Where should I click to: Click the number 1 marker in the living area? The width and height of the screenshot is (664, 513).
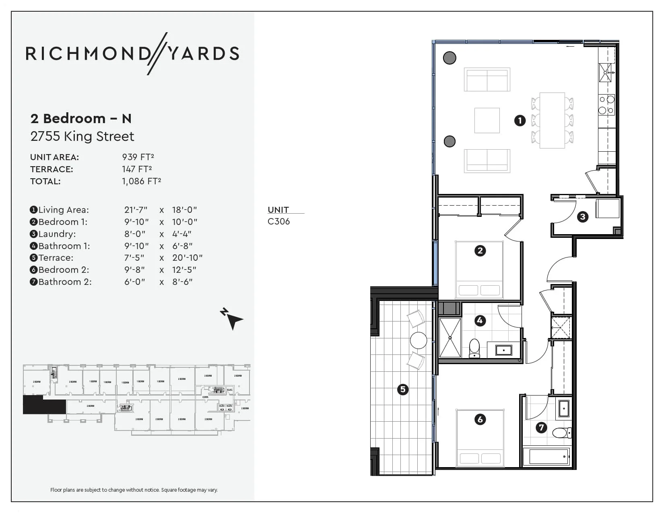tap(520, 120)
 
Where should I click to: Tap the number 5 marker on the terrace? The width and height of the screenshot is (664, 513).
tap(402, 389)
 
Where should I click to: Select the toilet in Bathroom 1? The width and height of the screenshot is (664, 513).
tap(474, 348)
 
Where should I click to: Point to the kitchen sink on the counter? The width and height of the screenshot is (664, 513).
tap(605, 73)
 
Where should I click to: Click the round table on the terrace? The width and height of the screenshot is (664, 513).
tap(419, 340)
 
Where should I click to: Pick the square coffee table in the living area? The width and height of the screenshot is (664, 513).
tap(487, 120)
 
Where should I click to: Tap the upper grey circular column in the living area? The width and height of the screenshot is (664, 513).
tap(450, 58)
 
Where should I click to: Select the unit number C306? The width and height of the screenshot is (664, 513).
tap(278, 221)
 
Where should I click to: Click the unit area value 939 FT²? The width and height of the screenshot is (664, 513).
tap(138, 157)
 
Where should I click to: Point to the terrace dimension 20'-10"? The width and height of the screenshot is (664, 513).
tap(187, 258)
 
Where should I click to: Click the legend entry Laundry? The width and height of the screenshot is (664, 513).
tap(57, 234)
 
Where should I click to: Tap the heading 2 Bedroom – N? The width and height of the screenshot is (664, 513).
tap(81, 118)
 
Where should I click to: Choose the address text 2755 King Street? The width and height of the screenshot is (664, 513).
tap(82, 136)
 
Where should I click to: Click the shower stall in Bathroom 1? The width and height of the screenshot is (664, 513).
tap(450, 338)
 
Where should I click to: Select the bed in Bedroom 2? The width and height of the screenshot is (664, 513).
tap(480, 439)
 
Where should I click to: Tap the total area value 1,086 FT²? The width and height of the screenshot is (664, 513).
tap(141, 181)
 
